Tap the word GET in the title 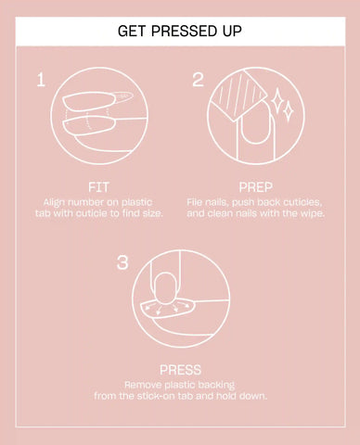tap(132, 31)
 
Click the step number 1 tap(41, 80)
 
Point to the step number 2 tap(198, 80)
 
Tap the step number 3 tap(122, 262)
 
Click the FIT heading tap(98, 187)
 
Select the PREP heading tap(255, 187)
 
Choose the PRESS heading tap(180, 370)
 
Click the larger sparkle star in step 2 tap(276, 100)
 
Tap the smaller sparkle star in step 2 tap(289, 111)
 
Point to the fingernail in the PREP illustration tap(256, 123)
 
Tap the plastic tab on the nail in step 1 tap(123, 96)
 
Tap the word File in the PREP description tap(194, 202)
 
